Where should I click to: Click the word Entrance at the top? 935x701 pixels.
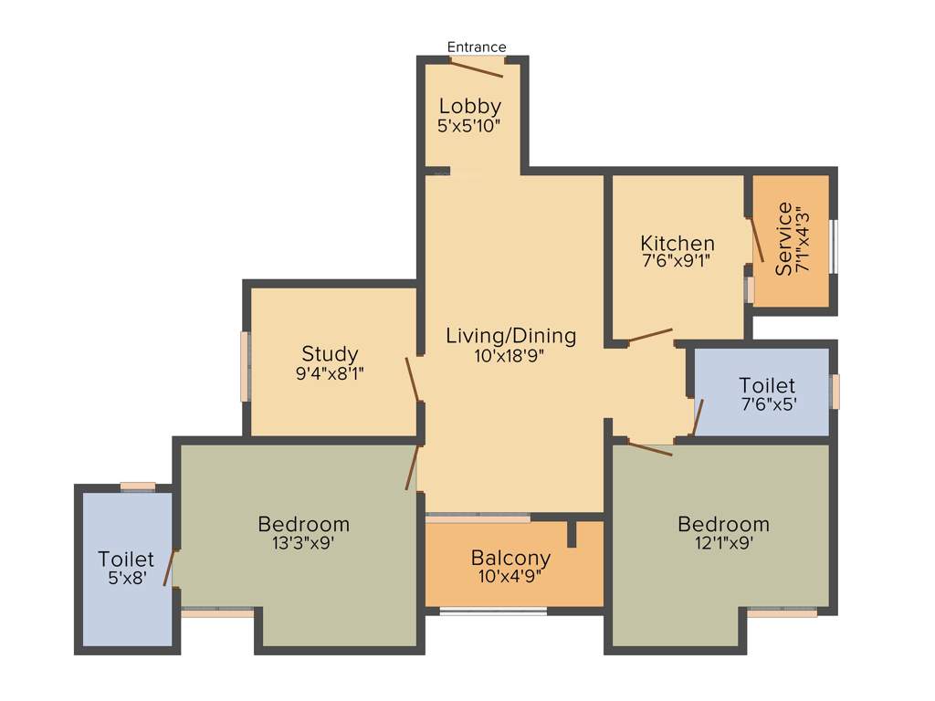(477, 47)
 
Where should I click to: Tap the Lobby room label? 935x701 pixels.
(469, 106)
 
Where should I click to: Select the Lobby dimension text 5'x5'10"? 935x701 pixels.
(469, 126)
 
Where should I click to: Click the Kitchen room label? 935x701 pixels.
(678, 244)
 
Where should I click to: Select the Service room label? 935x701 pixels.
(783, 238)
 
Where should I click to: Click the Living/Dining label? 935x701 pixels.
(511, 336)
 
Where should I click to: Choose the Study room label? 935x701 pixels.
(330, 354)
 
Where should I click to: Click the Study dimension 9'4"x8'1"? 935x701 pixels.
(330, 372)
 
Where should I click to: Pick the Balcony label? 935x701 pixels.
(510, 558)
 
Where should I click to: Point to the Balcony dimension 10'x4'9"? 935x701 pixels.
(510, 576)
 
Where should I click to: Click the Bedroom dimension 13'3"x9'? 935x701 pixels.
(304, 542)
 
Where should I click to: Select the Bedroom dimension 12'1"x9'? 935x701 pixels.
(723, 542)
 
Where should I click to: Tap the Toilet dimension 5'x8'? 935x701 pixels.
(126, 578)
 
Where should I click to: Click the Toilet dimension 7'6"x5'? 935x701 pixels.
(767, 403)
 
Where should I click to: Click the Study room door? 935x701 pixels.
(412, 380)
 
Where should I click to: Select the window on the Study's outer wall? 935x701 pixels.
(245, 366)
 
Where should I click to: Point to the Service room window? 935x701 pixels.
(833, 246)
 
